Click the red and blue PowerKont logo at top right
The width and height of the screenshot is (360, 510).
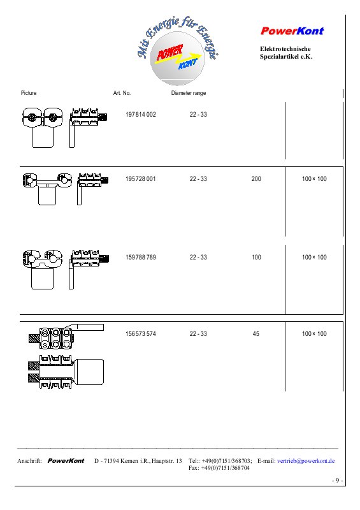click(x=292, y=31)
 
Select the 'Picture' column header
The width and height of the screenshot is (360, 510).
click(x=29, y=93)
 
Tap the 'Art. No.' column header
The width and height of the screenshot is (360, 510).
click(x=122, y=93)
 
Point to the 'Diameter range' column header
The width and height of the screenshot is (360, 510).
click(x=189, y=93)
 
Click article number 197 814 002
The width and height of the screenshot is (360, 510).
click(x=141, y=115)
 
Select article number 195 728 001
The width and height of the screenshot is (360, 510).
click(x=140, y=179)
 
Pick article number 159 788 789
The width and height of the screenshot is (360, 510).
click(x=141, y=258)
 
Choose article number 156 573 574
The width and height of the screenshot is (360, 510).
click(x=141, y=333)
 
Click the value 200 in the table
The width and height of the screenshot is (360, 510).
click(x=256, y=179)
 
